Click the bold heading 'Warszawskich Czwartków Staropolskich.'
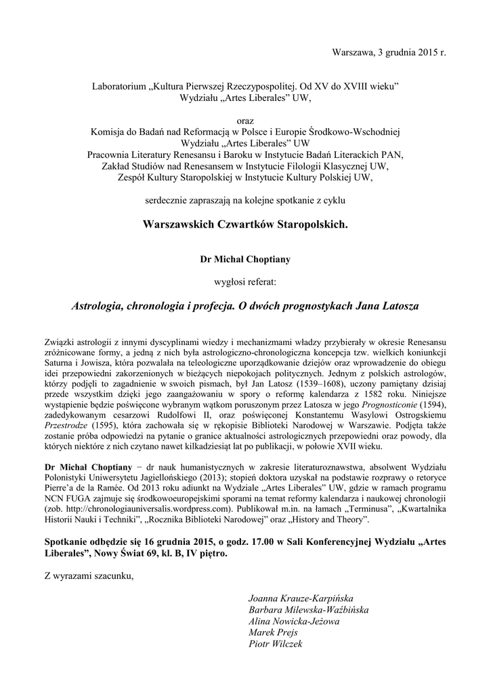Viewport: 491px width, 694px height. click(x=245, y=224)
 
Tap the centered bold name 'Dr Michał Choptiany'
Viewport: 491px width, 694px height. click(x=245, y=258)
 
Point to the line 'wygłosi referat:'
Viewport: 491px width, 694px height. click(x=245, y=281)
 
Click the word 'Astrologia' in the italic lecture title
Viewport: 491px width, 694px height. click(x=97, y=306)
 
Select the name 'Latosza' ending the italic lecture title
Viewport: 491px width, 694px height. click(x=399, y=306)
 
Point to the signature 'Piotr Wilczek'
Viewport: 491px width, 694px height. click(x=276, y=643)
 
